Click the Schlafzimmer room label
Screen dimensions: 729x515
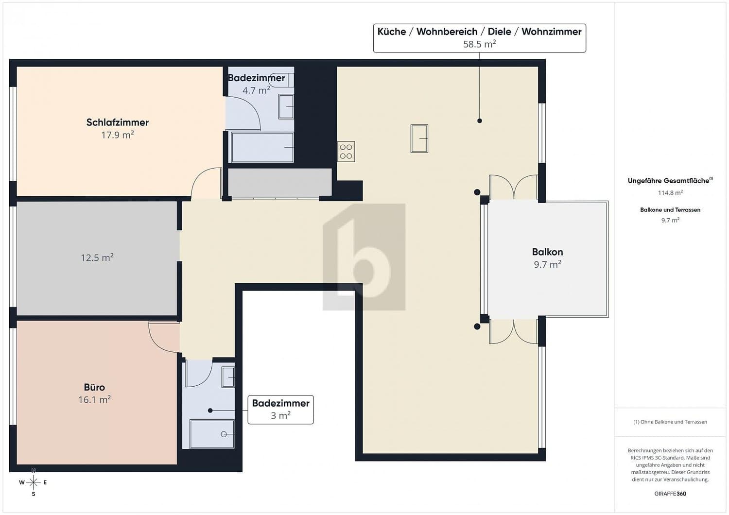point(118,122)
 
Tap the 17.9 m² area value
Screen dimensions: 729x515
point(118,135)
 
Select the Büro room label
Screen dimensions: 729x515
point(94,387)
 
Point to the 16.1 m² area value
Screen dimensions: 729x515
point(94,399)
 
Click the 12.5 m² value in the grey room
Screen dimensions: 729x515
point(97,257)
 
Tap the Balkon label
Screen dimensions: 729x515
point(547,252)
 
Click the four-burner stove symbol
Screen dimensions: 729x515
point(346,152)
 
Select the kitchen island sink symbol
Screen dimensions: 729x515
point(419,138)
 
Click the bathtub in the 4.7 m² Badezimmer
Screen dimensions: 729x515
point(262,147)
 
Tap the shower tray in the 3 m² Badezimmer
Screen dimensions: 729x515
point(212,434)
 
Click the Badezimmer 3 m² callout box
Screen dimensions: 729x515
point(280,410)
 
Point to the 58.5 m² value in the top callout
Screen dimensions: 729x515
point(479,44)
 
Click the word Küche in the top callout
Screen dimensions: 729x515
point(392,32)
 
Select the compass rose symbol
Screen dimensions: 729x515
point(33,482)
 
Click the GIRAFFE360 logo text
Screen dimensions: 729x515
point(670,494)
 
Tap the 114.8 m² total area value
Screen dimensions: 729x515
point(670,192)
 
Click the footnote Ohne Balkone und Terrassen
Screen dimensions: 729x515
point(670,422)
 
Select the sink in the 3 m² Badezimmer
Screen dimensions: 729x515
point(228,377)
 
